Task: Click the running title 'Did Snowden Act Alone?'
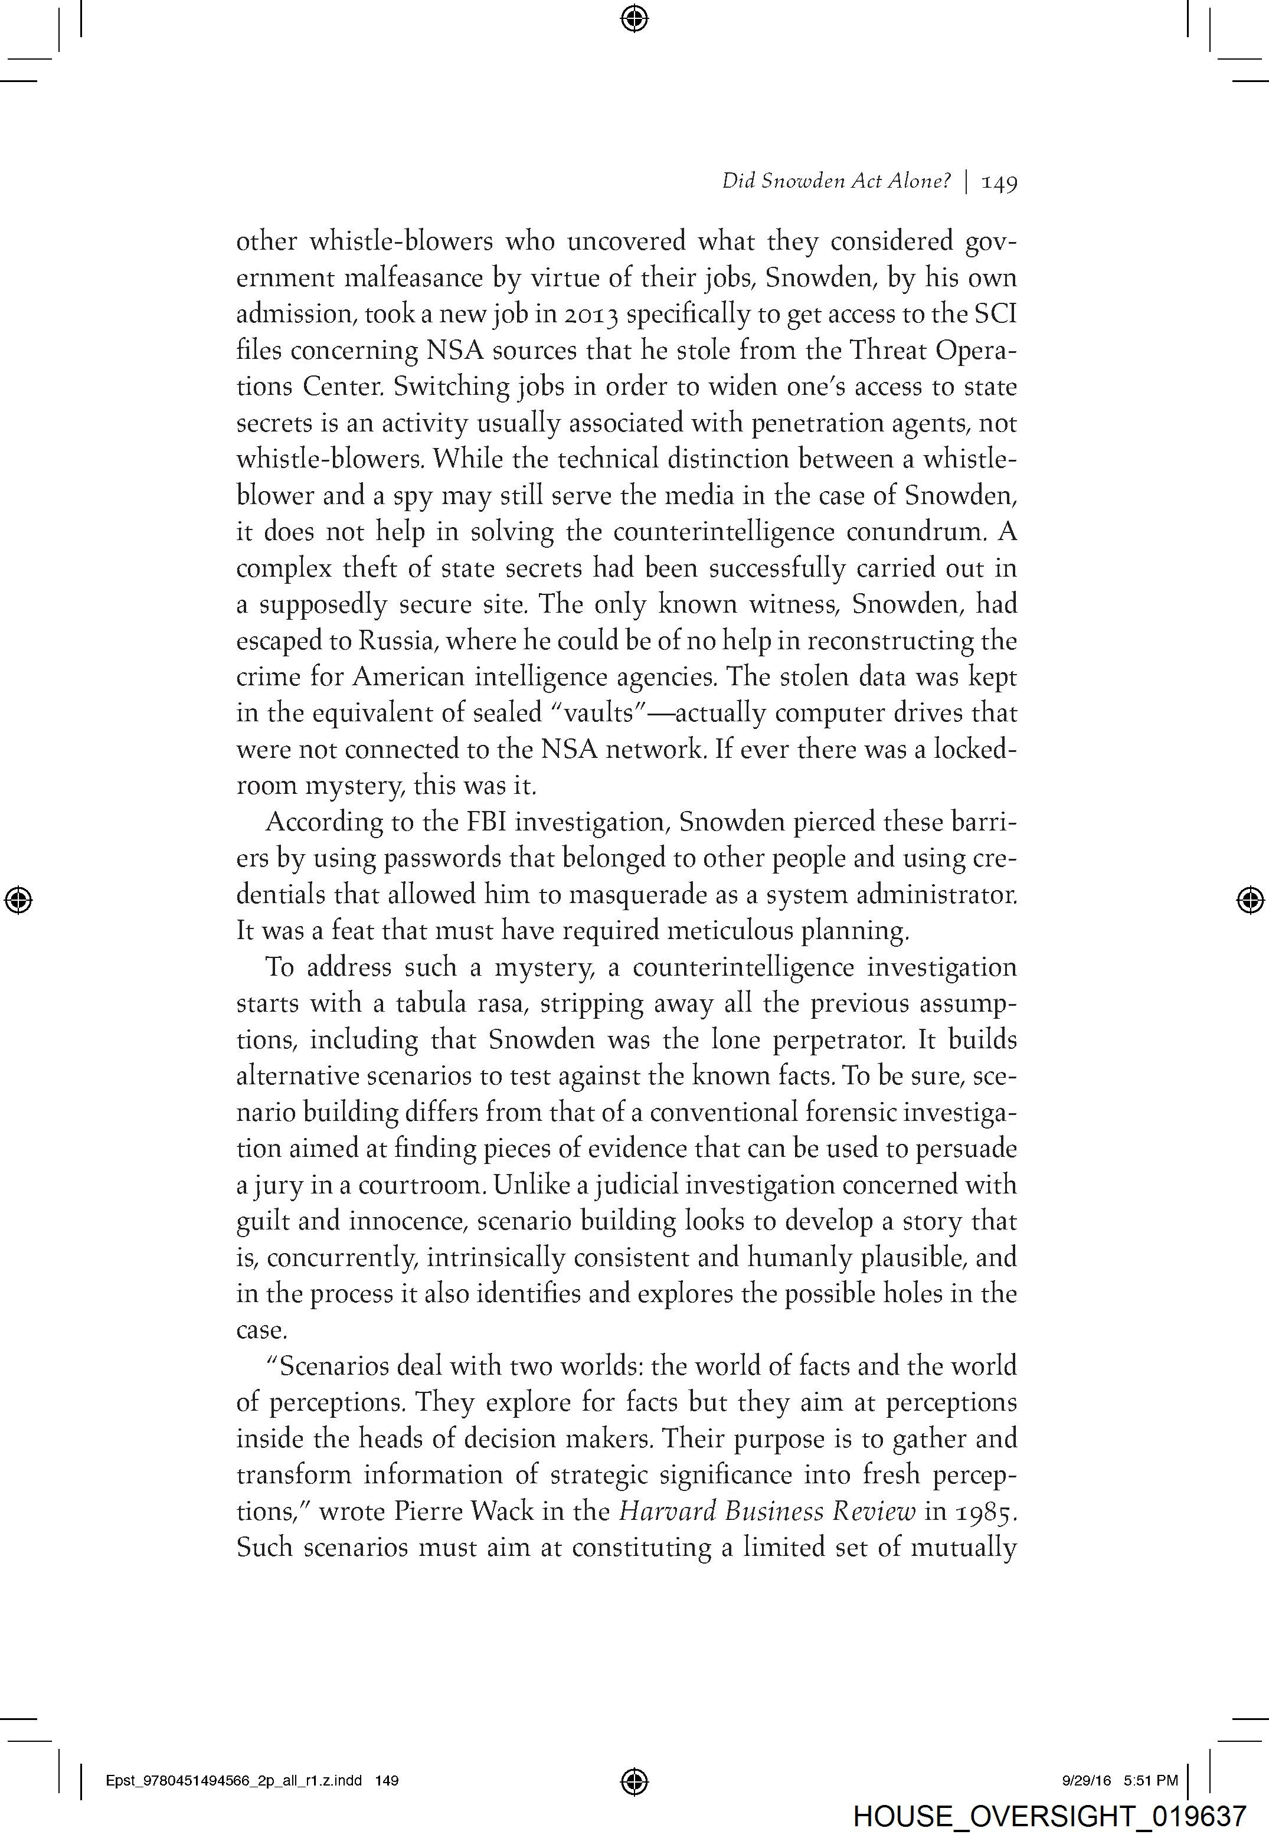(836, 182)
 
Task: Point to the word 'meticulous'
(730, 931)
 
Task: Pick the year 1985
(985, 1511)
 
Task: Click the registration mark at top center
(634, 18)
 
